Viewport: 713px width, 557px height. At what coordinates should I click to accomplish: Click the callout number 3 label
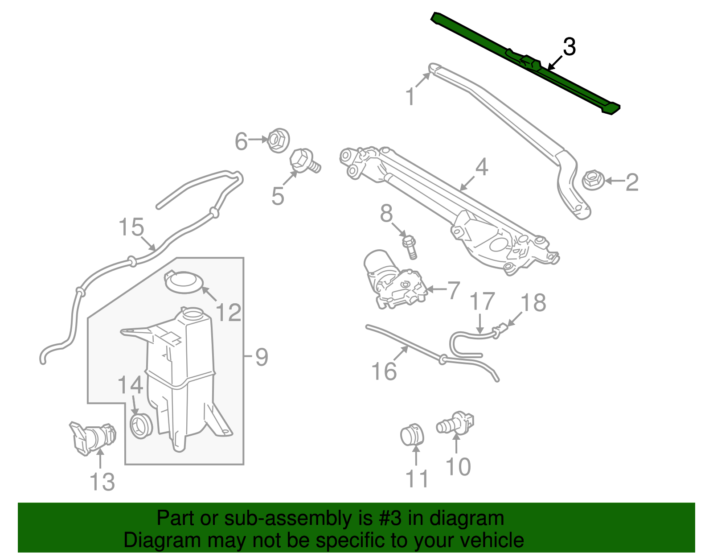coord(569,47)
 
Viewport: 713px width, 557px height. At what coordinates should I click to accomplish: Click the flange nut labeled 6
coord(278,140)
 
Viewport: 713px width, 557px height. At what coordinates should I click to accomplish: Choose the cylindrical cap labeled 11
coord(412,435)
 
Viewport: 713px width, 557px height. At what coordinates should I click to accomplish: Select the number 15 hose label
coord(131,227)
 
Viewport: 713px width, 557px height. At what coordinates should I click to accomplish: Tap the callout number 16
coord(384,371)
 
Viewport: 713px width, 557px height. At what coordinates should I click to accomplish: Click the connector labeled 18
coord(500,331)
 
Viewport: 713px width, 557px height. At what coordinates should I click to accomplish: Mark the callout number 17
coord(483,302)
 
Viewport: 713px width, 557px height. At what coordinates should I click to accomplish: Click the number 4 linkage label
coord(482,167)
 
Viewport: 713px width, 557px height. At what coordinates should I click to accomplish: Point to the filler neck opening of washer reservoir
coord(193,313)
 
